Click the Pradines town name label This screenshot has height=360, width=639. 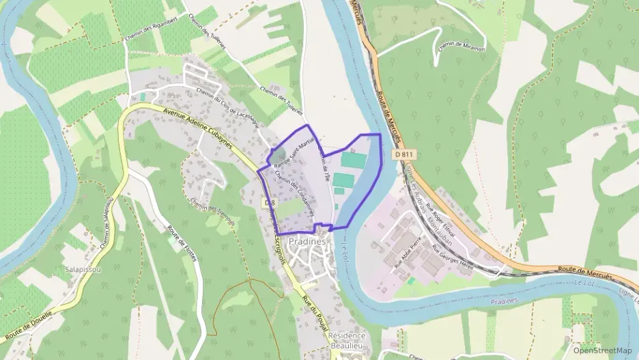[x=306, y=241]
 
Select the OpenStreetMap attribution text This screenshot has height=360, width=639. [x=603, y=350]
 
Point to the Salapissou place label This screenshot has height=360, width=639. [x=83, y=270]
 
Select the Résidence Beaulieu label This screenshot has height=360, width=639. [x=347, y=341]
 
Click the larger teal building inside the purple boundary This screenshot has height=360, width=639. [x=354, y=161]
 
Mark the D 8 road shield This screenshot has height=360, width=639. [x=269, y=202]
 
